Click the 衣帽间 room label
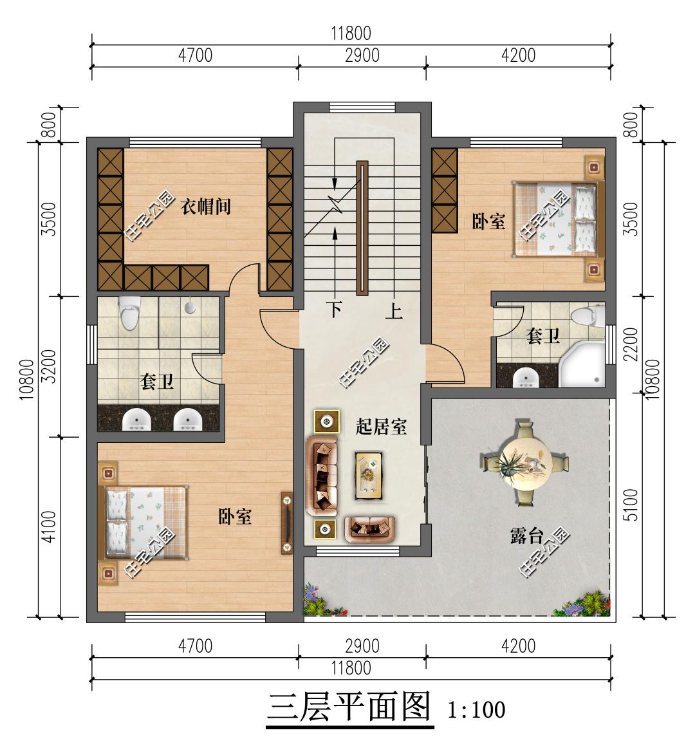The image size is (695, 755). tap(205, 207)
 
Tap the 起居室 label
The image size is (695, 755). tap(381, 427)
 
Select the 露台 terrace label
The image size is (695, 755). tap(527, 536)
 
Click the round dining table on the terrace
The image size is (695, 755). tap(524, 462)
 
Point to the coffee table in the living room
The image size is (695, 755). tap(369, 475)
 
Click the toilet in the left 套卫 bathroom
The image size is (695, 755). tap(129, 313)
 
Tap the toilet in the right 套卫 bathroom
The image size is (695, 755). tap(587, 315)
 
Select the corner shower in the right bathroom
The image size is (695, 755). tap(581, 364)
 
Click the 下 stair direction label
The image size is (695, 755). tap(334, 310)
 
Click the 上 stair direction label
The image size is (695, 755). tap(394, 311)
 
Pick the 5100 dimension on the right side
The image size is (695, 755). tap(631, 504)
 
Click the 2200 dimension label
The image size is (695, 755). tap(631, 344)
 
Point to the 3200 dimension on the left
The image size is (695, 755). tap(50, 366)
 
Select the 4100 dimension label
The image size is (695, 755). tap(50, 527)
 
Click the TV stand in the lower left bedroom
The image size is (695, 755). tap(287, 523)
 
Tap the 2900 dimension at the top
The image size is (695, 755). tap(362, 55)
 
